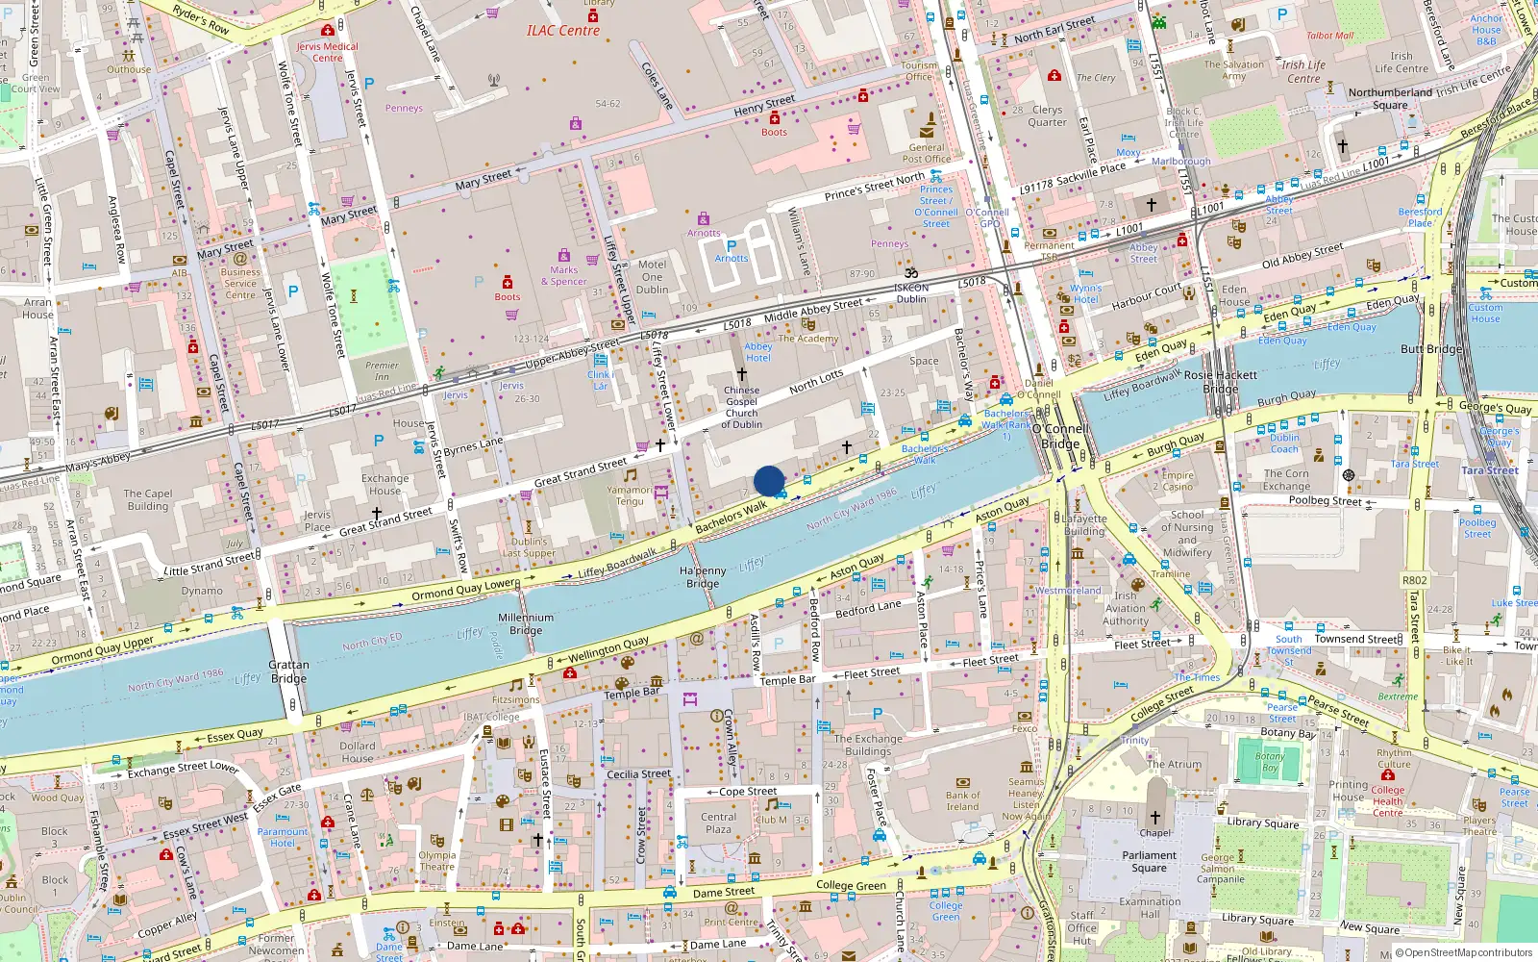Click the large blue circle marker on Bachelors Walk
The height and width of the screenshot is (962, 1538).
point(769,481)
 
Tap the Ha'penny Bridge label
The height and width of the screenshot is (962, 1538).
point(703,577)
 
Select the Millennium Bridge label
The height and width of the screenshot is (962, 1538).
point(526,624)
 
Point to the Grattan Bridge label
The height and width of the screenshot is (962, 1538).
point(288,671)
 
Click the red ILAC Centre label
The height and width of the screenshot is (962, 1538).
point(562,31)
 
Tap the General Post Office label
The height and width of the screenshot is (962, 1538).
point(927,154)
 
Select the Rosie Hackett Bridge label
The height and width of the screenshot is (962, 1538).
point(1220,382)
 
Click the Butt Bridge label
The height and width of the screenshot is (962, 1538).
point(1430,349)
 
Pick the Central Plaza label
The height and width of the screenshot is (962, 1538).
point(718,823)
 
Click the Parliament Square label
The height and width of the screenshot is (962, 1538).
point(1149,861)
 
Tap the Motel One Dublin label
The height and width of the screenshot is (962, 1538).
point(652,277)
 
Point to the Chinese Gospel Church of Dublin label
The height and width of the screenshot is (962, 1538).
point(741,407)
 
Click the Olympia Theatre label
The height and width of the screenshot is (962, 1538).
point(437,860)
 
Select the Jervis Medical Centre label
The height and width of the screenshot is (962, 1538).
point(327,52)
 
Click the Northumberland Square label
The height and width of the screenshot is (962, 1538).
point(1390,98)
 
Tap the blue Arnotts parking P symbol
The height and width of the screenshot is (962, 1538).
point(732,246)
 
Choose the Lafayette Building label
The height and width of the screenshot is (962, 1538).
point(1084,524)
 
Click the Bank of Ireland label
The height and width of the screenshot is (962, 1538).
point(962,800)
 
